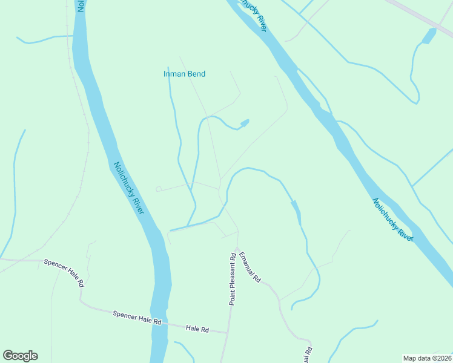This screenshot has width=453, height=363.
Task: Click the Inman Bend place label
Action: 185,74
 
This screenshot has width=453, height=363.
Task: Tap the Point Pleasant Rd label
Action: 232,279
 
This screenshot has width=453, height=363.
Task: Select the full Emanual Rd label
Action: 250,267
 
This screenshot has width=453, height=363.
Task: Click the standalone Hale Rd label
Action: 197,329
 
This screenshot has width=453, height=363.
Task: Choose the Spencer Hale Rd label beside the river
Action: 137,318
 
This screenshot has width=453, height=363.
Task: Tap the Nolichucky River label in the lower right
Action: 392,220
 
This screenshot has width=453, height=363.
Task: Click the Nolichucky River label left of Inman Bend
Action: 128,187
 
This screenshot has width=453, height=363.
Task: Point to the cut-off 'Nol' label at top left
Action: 80,6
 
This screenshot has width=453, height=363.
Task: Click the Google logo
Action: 20,356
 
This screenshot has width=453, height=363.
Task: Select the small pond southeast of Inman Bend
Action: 245,123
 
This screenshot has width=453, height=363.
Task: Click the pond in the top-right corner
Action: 429,36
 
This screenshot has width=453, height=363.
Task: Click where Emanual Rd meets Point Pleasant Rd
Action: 237,232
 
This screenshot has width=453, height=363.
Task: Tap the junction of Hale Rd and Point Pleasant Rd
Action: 228,332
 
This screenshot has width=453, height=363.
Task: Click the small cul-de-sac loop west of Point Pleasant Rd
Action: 159,189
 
